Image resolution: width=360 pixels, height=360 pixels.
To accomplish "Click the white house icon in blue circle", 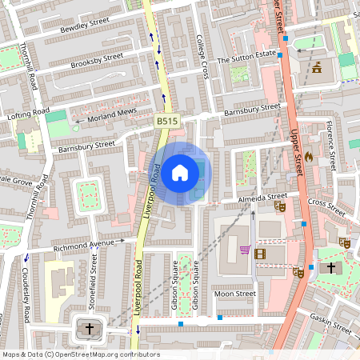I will tap(180, 172).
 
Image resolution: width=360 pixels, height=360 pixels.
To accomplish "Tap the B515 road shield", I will tap(166, 120).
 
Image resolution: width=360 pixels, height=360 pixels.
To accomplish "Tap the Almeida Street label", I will tap(262, 197).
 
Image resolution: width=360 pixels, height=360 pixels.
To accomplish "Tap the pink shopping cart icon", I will tap(244, 249).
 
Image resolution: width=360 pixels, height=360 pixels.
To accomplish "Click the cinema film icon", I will tap(259, 254).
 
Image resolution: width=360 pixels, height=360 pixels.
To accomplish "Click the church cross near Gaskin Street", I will tap(330, 270).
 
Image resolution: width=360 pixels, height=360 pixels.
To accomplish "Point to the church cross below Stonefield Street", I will tap(90, 328).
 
